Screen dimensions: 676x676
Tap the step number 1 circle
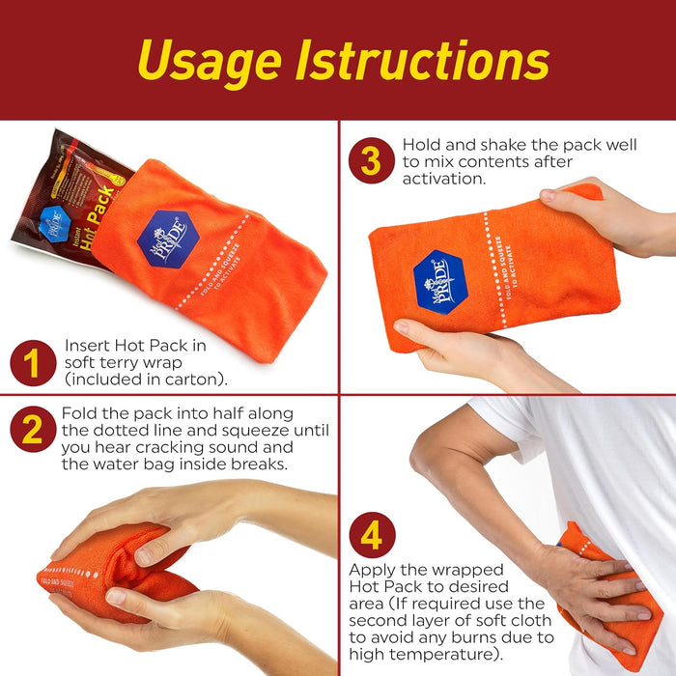point(33,364)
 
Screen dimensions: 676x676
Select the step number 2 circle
point(33,430)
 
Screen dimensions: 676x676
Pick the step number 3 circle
point(372,160)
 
